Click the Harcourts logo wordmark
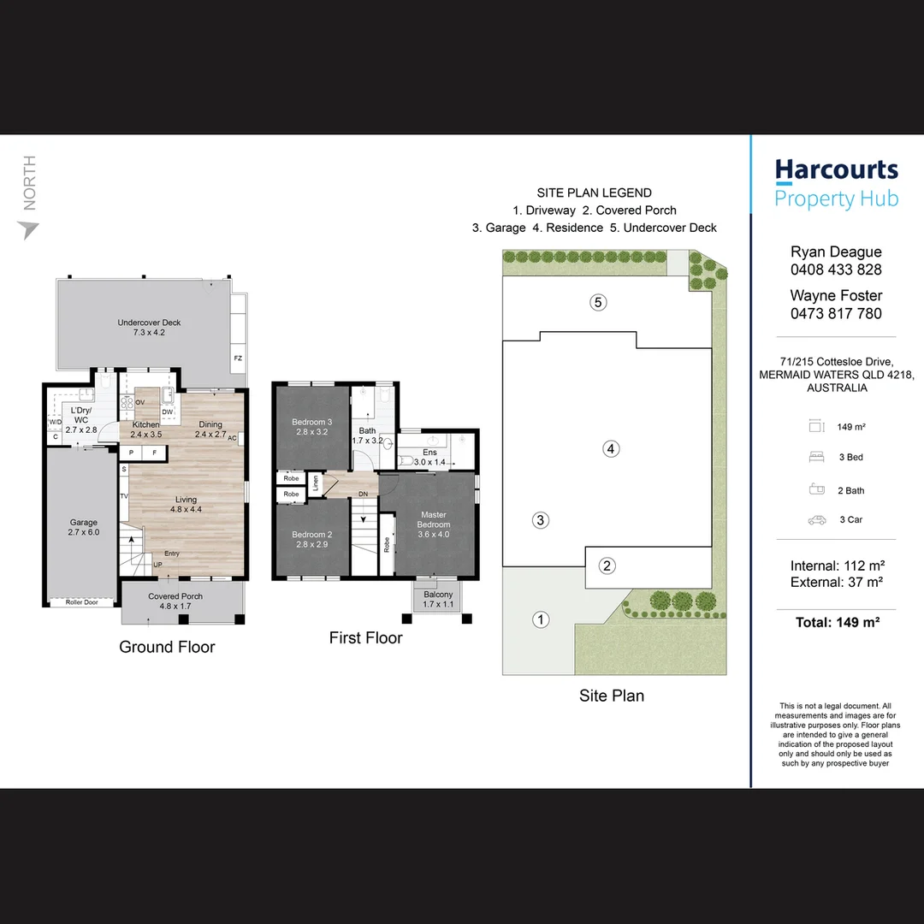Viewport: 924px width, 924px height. (x=836, y=170)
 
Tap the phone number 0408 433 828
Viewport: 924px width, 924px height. (x=836, y=269)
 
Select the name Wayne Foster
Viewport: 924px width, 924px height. (x=836, y=295)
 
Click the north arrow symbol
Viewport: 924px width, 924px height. (x=28, y=230)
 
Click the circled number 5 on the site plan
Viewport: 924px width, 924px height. (x=598, y=302)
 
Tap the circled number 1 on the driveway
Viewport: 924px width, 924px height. (x=541, y=619)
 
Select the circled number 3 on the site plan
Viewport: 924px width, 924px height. (x=540, y=519)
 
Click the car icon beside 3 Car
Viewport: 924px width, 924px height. (x=816, y=519)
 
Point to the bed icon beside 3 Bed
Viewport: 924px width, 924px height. (x=816, y=457)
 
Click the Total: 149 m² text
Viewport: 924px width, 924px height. (x=837, y=622)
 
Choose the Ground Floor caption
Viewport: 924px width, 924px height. (x=167, y=647)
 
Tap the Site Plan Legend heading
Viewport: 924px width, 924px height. (x=594, y=193)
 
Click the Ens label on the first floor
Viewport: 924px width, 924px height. (x=429, y=452)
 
